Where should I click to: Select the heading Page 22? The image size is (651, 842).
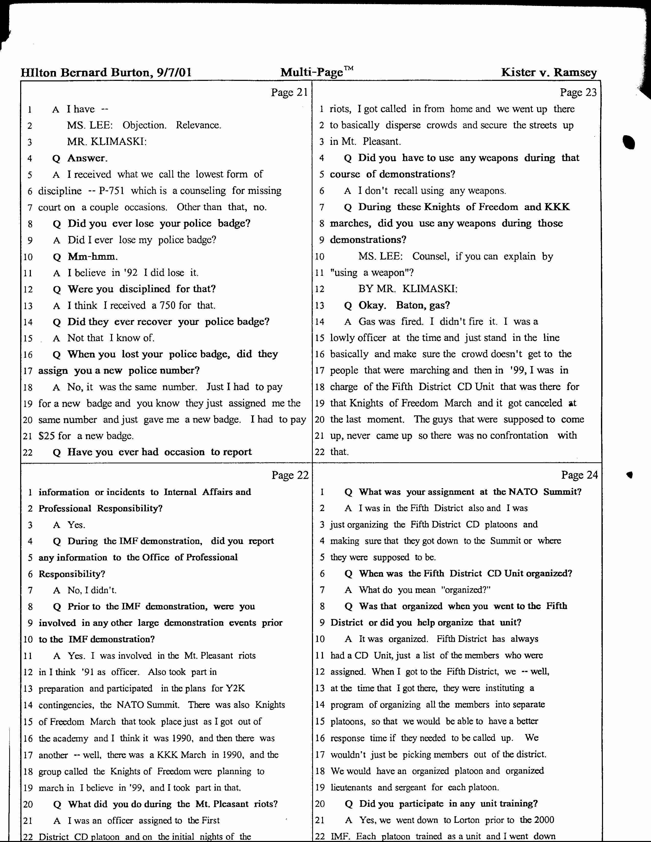290,475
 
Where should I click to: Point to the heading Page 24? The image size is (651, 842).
579,475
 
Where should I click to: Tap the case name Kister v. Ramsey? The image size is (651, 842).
549,72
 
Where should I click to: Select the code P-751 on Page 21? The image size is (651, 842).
111,191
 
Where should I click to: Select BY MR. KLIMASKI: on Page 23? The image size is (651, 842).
408,289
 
